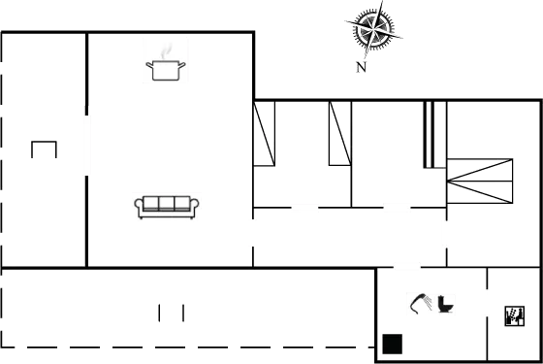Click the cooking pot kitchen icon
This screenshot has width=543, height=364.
click(x=165, y=60)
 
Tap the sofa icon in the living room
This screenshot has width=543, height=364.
click(x=166, y=206)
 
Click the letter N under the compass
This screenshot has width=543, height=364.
click(x=361, y=68)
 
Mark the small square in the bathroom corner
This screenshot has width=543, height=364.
click(x=393, y=344)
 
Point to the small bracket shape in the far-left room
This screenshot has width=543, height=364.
click(x=45, y=149)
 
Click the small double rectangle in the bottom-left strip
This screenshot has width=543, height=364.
click(x=171, y=313)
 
